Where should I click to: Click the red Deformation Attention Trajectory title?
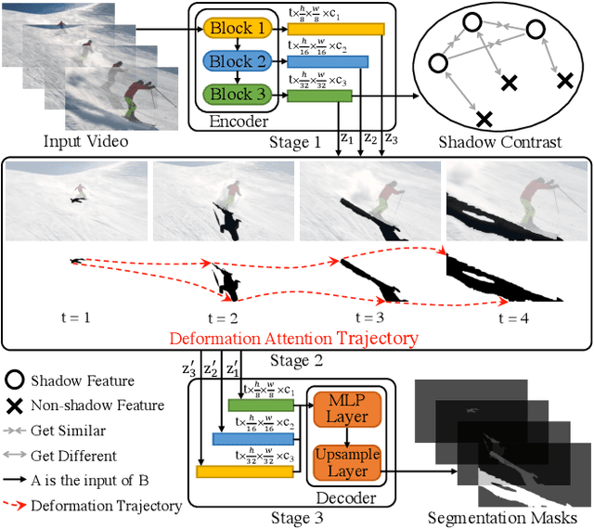coord(293,338)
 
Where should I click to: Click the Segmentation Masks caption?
coord(503,517)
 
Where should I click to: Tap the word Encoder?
coord(239,122)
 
